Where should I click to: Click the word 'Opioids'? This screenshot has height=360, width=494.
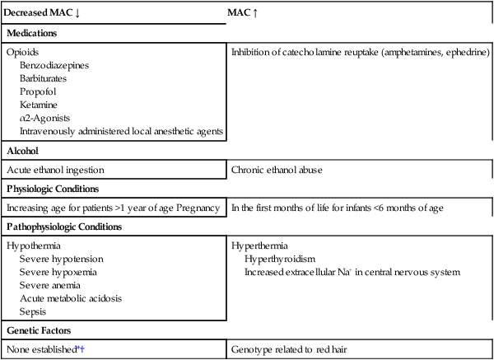pyautogui.click(x=22, y=52)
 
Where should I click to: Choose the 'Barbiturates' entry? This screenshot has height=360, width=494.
pyautogui.click(x=46, y=78)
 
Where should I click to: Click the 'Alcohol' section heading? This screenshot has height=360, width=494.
pyautogui.click(x=24, y=151)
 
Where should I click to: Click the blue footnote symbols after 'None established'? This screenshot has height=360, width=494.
pyautogui.click(x=81, y=348)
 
